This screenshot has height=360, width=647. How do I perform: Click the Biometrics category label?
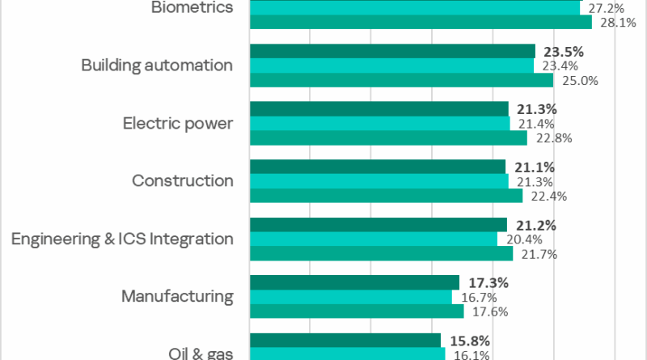pos(192,7)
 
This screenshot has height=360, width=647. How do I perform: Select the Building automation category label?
pos(157,66)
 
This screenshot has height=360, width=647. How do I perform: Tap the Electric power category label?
pos(178,124)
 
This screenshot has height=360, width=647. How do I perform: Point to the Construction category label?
pos(183,181)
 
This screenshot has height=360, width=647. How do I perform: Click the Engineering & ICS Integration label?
pos(123,239)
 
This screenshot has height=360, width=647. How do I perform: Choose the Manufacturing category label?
pos(177,297)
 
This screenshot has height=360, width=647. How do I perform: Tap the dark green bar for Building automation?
pos(392,51)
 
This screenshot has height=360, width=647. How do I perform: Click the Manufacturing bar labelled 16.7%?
pos(351,297)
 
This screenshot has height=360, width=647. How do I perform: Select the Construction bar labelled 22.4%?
pos(387,196)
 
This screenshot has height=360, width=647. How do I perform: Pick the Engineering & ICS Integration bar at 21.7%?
pos(381,253)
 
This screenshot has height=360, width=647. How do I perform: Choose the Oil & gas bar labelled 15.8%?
pos(345,340)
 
